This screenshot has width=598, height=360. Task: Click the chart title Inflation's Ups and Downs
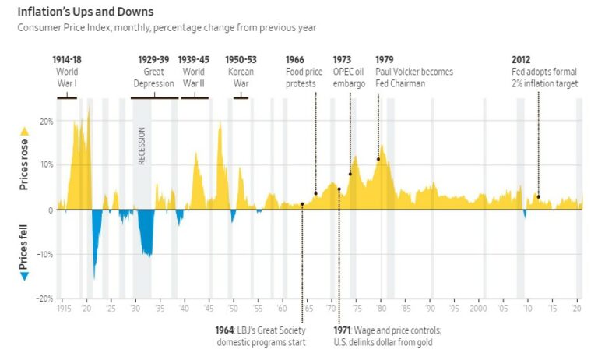pos(86,12)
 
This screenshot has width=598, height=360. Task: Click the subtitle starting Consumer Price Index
pos(167,28)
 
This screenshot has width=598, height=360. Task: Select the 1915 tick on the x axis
pos(65,309)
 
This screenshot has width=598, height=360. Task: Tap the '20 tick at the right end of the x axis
pos(577,309)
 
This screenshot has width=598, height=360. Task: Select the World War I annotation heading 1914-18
pos(67,60)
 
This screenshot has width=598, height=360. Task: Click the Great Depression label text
pos(153,77)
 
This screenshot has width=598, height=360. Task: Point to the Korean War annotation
pos(239,77)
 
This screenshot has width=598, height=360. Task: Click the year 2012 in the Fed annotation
pos(522,60)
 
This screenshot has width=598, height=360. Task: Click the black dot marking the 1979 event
pos(378,159)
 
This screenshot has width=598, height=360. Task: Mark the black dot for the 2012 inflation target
pos(538,197)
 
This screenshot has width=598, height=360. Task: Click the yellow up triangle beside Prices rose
pos(24,131)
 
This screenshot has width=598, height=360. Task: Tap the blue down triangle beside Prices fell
pos(24,275)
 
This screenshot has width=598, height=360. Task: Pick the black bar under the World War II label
pos(194,97)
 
